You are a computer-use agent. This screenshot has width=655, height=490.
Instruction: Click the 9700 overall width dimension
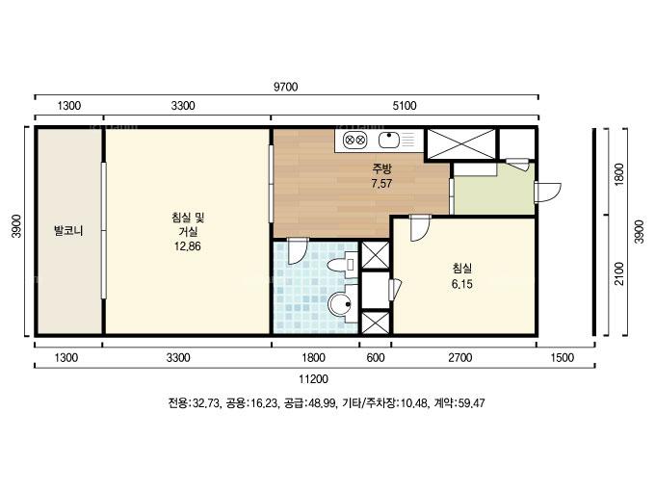tap(286, 87)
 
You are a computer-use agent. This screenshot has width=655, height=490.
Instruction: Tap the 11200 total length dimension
tap(313, 379)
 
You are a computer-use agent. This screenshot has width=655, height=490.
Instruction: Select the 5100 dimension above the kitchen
tap(405, 106)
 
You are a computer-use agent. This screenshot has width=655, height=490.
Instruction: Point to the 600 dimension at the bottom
tap(376, 358)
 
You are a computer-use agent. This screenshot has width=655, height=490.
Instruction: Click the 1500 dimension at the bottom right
tap(563, 358)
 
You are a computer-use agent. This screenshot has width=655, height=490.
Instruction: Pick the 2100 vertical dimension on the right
tap(619, 273)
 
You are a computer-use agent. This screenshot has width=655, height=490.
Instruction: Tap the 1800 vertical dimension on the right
tap(619, 174)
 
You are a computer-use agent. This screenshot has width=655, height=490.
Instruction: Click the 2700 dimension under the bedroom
tap(459, 358)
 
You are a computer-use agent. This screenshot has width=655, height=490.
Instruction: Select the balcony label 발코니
tap(68, 230)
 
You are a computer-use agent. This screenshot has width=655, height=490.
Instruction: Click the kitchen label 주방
tap(381, 169)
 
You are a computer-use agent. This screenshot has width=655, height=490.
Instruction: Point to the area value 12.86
tap(188, 246)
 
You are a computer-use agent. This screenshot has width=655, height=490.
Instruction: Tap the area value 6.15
tap(462, 284)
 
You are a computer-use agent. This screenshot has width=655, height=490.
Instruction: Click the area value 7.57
tap(381, 183)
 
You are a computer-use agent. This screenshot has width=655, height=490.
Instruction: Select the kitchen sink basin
tap(389, 140)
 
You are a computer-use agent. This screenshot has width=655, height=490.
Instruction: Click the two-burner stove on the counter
tap(354, 140)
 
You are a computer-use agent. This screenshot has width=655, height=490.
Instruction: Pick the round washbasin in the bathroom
tap(340, 304)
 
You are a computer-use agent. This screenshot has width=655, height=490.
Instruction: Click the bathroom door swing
tap(298, 251)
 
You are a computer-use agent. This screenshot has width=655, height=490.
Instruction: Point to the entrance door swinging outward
tap(548, 193)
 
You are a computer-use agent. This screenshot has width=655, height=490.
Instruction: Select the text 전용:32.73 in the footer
tap(194, 402)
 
